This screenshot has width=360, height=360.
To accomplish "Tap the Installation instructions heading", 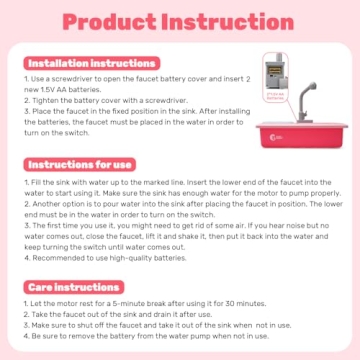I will click(x=76, y=62).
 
